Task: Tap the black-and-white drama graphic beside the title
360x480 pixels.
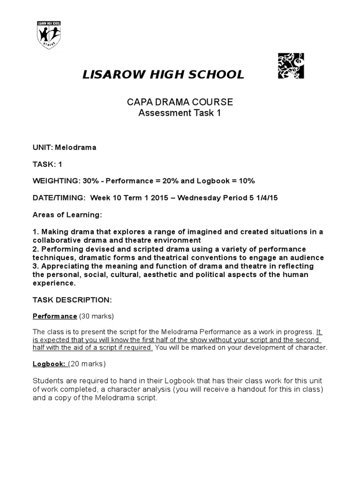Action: click(x=291, y=65)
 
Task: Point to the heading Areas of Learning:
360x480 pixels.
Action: click(x=67, y=215)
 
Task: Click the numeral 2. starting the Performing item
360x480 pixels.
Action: click(x=36, y=249)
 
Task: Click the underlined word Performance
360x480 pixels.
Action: click(x=54, y=316)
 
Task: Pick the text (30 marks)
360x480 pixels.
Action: click(x=97, y=316)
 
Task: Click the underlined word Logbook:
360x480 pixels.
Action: click(x=49, y=364)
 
